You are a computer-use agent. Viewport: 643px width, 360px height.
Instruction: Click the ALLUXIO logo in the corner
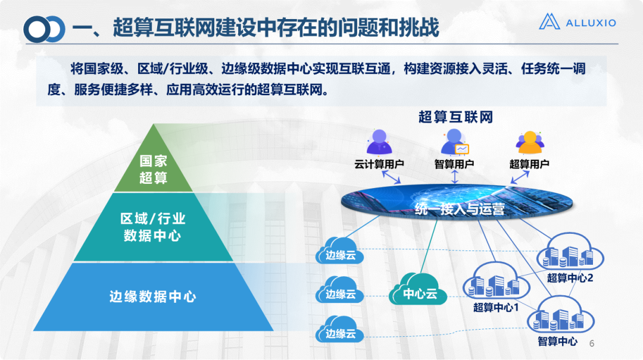point(577,23)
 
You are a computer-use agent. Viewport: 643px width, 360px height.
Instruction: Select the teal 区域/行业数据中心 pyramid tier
point(152,227)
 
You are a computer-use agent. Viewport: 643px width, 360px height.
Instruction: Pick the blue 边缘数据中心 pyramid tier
point(152,296)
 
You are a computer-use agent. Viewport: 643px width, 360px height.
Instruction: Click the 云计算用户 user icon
point(379,143)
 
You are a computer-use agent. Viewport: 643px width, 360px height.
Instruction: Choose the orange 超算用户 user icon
point(529,143)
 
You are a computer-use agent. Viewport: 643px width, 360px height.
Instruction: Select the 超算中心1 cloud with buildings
point(496,284)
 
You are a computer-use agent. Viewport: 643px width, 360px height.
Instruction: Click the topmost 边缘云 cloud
point(340,252)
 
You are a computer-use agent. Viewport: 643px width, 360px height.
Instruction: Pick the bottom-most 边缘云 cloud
point(340,330)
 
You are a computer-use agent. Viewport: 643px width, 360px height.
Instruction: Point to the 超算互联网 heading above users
point(455,117)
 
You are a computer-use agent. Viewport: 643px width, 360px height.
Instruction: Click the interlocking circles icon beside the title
point(44,28)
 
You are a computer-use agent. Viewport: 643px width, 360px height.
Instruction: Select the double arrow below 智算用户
point(454,177)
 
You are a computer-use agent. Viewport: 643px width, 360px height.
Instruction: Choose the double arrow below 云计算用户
point(391,177)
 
